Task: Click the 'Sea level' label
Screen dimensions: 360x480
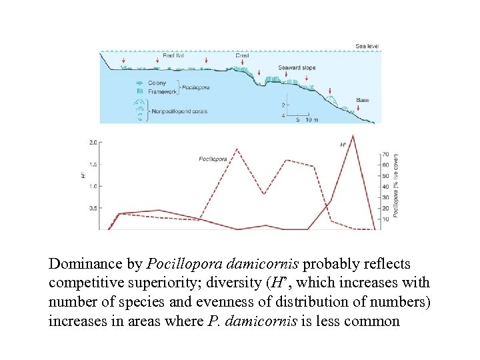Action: [367, 46]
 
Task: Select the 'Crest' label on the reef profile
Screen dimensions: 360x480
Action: [241, 56]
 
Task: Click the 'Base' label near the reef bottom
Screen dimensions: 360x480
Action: [362, 100]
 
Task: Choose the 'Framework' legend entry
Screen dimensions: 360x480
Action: [162, 91]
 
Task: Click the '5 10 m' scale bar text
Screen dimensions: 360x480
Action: [305, 120]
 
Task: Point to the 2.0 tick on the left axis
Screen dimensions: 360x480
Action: [93, 142]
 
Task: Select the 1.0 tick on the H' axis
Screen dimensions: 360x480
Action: [93, 186]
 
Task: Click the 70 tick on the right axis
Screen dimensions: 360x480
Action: [385, 154]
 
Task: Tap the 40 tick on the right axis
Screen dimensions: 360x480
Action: [385, 186]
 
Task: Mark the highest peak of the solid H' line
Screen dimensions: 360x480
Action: [353, 135]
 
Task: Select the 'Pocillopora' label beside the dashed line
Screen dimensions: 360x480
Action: [213, 159]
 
